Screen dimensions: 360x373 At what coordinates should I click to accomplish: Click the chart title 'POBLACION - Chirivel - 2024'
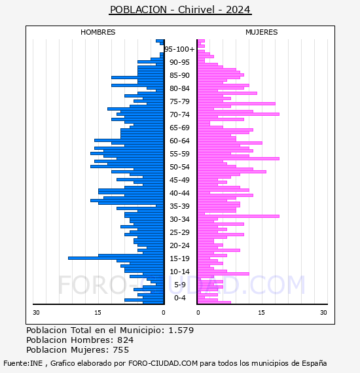point(180,10)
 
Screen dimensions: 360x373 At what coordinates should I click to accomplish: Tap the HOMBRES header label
point(98,32)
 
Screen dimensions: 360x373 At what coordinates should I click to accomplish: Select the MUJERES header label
point(262,32)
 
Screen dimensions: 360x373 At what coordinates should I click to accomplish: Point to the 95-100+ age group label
point(179,49)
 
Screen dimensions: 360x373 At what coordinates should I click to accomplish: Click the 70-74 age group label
point(179,115)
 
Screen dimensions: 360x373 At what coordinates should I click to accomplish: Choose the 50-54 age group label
point(179,167)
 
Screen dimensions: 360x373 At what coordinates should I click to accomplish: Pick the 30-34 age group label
point(179,219)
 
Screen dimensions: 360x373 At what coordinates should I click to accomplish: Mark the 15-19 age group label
point(179,258)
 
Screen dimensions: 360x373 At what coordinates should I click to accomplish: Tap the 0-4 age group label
point(180,298)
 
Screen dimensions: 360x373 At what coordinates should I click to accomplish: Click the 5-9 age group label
point(180,285)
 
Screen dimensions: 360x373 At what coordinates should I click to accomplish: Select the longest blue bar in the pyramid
point(116,258)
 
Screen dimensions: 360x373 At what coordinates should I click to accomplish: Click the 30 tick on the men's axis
point(36,313)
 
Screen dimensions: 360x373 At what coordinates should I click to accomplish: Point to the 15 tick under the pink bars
point(261,313)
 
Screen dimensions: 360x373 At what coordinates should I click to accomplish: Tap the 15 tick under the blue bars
point(98,313)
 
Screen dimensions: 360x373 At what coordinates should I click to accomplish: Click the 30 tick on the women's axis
point(323,313)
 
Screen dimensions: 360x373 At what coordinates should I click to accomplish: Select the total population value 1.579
point(181,330)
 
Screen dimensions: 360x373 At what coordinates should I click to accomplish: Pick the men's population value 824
point(126,340)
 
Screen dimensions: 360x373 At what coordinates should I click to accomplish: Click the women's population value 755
point(121,350)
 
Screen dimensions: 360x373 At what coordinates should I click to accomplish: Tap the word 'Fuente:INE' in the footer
point(23,363)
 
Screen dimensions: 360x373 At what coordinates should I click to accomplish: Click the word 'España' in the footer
point(314,363)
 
